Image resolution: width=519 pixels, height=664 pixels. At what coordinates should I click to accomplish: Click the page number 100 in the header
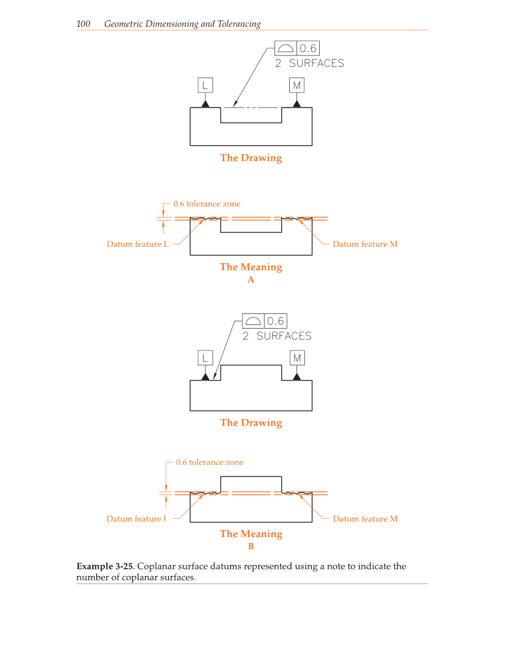[x=83, y=24]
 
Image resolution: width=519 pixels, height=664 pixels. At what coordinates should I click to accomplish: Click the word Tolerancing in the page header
[x=239, y=24]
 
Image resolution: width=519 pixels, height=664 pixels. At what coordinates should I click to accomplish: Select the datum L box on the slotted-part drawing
[x=205, y=85]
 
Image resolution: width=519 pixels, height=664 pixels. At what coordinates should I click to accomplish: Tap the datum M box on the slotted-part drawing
[x=296, y=85]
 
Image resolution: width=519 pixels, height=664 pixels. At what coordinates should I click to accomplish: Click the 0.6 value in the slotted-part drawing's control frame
[x=307, y=48]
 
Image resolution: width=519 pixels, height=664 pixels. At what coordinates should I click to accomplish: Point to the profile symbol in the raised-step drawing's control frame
[x=252, y=321]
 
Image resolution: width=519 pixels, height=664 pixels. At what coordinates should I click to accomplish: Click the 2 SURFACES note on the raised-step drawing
[x=277, y=336]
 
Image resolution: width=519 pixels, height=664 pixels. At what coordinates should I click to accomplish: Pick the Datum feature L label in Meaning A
[x=138, y=244]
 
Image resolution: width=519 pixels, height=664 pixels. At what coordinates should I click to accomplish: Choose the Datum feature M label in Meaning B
[x=365, y=519]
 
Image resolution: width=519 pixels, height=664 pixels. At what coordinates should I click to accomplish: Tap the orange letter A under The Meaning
[x=251, y=280]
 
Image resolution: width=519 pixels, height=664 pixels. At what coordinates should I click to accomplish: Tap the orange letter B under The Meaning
[x=251, y=547]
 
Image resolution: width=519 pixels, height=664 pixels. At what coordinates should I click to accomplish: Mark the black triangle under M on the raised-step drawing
[x=296, y=376]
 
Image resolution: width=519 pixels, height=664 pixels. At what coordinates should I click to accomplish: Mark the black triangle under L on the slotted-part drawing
[x=205, y=104]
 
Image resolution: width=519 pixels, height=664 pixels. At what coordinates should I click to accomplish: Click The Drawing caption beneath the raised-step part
[x=251, y=423]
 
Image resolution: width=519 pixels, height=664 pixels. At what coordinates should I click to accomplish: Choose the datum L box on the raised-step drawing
[x=205, y=357]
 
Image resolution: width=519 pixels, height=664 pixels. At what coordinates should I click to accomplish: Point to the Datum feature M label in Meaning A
[x=365, y=244]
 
